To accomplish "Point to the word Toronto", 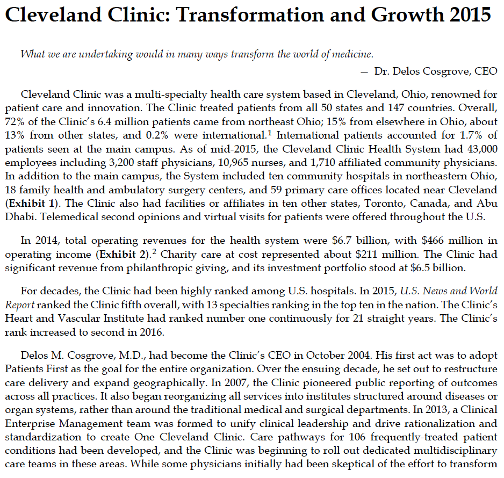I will click(x=384, y=204).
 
